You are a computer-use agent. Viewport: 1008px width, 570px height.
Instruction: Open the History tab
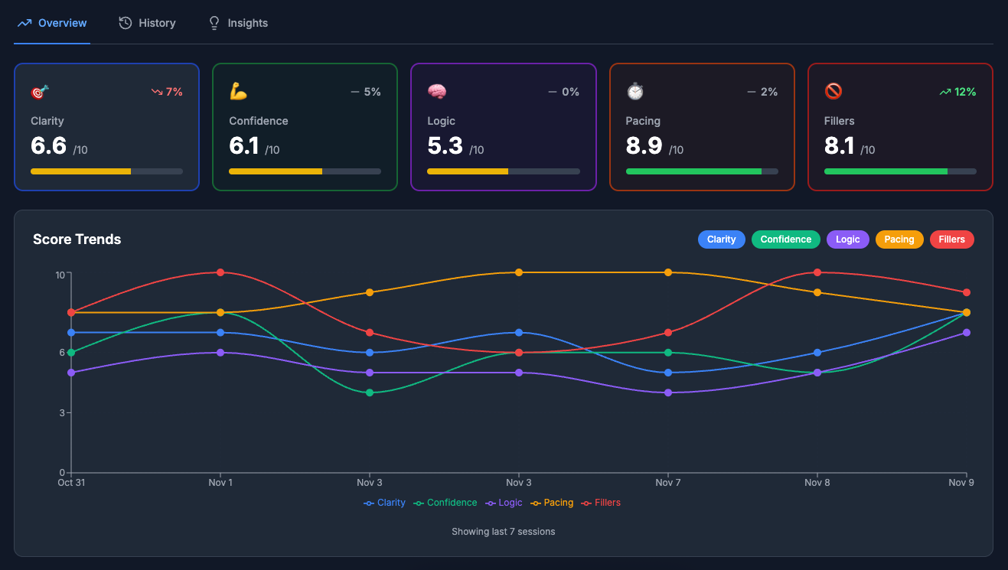click(x=148, y=23)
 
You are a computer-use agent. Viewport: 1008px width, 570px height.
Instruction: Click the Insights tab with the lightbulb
click(x=239, y=23)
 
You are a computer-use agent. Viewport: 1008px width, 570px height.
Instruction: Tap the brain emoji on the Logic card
click(x=437, y=92)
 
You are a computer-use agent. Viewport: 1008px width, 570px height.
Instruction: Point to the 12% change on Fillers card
click(x=957, y=92)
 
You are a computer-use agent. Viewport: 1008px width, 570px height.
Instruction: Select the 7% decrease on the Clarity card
click(x=167, y=92)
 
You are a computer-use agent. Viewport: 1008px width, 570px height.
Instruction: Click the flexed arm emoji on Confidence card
click(x=239, y=92)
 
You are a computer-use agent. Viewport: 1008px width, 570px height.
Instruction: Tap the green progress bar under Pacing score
click(x=693, y=171)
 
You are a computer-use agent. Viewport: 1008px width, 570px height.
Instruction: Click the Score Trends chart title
click(x=77, y=239)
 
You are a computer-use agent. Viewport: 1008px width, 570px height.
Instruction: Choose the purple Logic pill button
click(x=847, y=239)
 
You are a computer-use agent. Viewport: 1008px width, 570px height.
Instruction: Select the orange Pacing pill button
click(x=899, y=239)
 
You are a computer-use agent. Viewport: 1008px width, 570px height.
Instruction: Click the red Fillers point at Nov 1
click(x=220, y=272)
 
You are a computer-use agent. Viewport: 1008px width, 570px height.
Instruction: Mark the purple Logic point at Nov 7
click(x=668, y=392)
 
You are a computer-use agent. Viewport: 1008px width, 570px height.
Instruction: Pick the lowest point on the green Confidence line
click(x=370, y=392)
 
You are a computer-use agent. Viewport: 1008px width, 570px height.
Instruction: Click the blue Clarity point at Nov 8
click(x=817, y=353)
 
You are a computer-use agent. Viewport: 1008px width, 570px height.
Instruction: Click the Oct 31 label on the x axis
click(x=71, y=483)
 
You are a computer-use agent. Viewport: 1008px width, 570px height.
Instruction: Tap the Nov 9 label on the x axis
click(x=961, y=483)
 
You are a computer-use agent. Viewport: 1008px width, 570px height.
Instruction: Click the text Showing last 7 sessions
click(x=503, y=531)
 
